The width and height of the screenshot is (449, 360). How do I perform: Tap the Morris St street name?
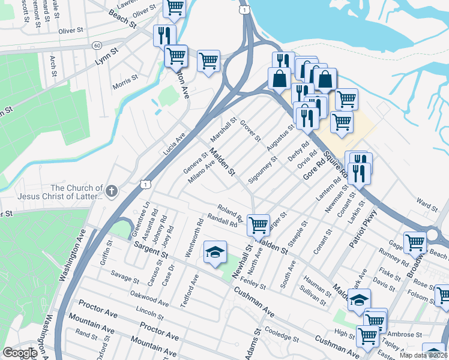126,80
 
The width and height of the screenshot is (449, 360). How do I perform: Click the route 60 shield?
97,46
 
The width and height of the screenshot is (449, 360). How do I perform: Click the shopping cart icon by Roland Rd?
258,225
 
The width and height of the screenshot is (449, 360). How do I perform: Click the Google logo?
20,353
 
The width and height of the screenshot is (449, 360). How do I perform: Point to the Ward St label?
427,207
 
